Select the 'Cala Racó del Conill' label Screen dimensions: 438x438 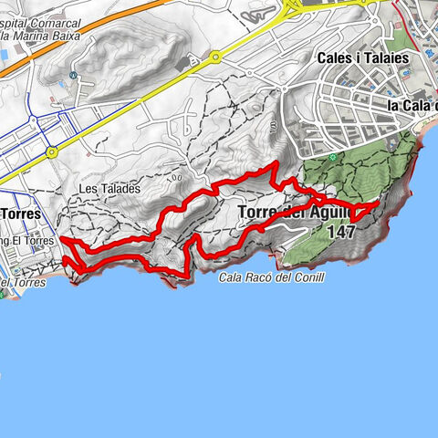(272, 276)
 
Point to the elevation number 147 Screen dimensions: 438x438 (339, 232)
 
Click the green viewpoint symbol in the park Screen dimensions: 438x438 (335, 157)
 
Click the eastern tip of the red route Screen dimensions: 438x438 (377, 209)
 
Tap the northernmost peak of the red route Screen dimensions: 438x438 (276, 163)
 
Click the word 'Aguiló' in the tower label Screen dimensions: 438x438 (329, 214)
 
